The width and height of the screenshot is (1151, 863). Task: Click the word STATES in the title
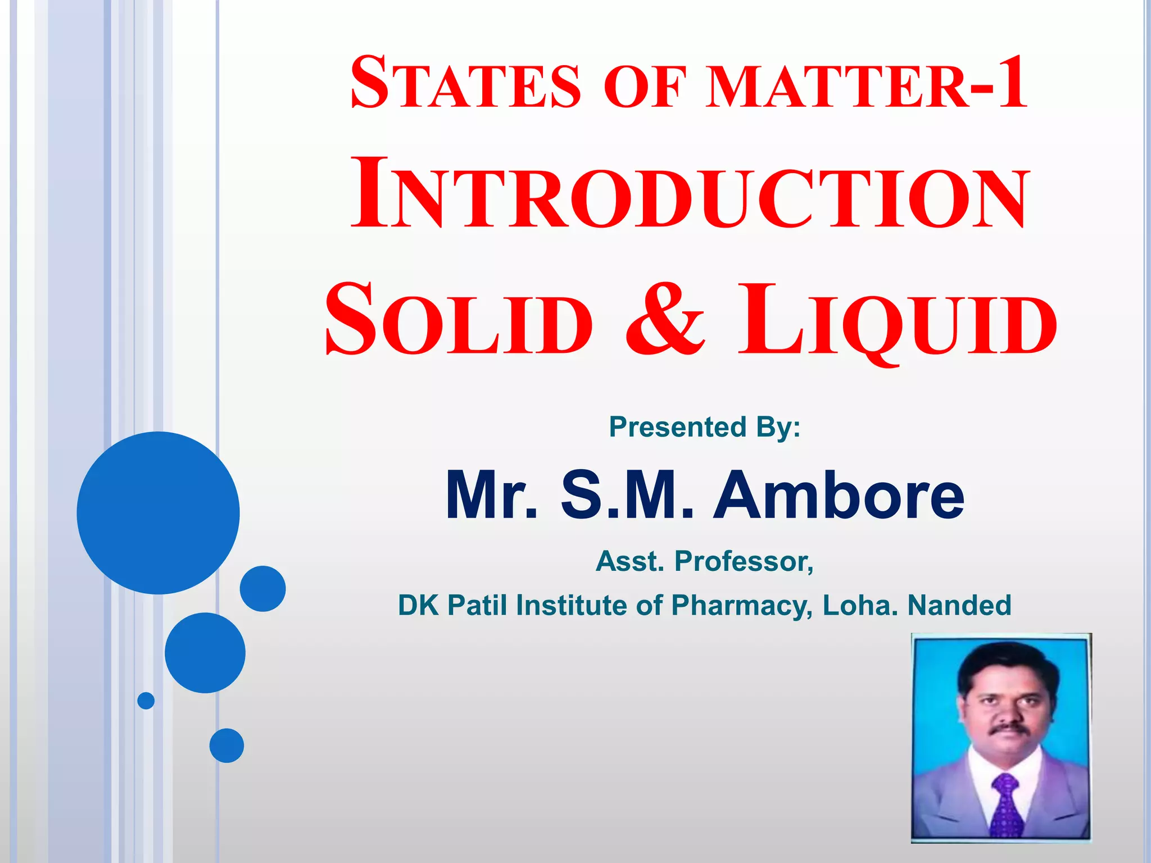(465, 83)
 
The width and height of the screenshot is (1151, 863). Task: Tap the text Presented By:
(705, 427)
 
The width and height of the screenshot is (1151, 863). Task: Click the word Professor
(744, 561)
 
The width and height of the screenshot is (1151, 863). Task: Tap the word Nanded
(959, 605)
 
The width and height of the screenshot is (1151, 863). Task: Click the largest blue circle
(158, 512)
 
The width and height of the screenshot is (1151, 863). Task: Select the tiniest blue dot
(146, 701)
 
